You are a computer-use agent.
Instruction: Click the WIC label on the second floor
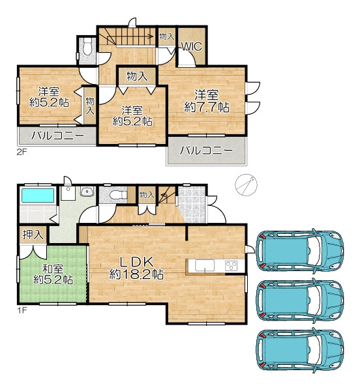pos(191,46)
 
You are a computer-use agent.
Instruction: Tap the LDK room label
pos(136,262)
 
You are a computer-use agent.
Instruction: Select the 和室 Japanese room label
pos(53,269)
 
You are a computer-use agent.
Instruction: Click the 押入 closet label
pos(33,235)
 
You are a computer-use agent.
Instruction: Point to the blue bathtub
pos(38,195)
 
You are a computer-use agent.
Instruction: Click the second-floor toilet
pos(87,47)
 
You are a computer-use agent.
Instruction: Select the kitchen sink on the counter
pos(205,265)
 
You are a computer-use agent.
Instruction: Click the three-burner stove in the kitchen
pos(231,266)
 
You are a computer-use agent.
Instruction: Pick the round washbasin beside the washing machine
pos(87,192)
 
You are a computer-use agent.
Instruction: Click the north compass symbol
pos(246,185)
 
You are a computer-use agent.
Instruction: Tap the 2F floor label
pos(22,152)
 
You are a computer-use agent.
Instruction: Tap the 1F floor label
pos(22,310)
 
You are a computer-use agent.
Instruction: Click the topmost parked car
pos(300,250)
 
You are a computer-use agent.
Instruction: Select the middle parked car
pos(300,300)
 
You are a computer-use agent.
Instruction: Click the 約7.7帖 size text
pos(207,108)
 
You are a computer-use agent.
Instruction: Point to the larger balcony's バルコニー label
pos(206,151)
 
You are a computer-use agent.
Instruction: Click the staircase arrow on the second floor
pos(130,36)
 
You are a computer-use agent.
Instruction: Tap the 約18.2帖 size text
pos(136,274)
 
